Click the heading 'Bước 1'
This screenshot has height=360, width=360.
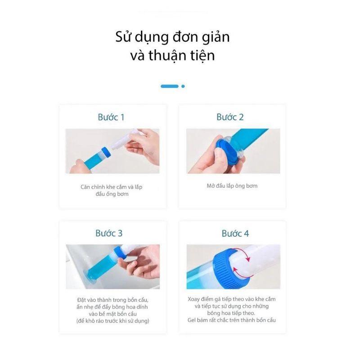pyautogui.click(x=111, y=117)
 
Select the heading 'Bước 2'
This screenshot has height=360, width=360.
pyautogui.click(x=230, y=117)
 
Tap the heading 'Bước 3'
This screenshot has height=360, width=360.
pyautogui.click(x=109, y=233)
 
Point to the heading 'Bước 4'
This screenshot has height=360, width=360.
pyautogui.click(x=235, y=234)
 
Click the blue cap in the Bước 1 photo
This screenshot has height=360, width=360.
pyautogui.click(x=106, y=153)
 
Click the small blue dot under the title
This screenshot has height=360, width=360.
pyautogui.click(x=183, y=86)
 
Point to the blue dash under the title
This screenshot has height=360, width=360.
pyautogui.click(x=170, y=86)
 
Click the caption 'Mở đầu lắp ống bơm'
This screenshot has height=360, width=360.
pyautogui.click(x=232, y=186)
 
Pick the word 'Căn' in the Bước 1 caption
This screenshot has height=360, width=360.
pyautogui.click(x=85, y=187)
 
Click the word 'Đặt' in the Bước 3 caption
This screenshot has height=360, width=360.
pyautogui.click(x=81, y=300)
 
